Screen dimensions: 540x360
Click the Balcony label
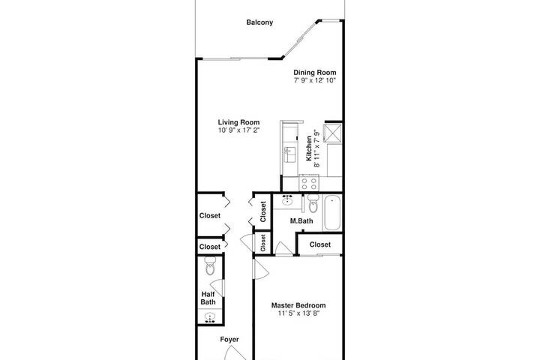259,22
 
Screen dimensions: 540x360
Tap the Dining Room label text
315,72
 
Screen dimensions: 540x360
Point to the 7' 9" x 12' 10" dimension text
315,80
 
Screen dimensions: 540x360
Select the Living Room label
238,122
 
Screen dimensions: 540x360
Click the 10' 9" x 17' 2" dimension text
238,130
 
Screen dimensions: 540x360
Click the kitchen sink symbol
289,154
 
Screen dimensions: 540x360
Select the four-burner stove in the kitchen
309,182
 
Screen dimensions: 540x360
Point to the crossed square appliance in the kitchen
333,133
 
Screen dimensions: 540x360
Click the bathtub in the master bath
332,213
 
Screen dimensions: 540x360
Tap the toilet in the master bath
313,203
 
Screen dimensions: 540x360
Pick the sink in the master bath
287,199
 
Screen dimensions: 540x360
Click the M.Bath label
301,220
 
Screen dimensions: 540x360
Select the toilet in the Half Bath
210,266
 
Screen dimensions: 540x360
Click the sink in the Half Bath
209,317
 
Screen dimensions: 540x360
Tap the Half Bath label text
208,298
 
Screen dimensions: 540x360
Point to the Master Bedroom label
298,305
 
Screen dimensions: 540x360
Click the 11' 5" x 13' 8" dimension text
298,313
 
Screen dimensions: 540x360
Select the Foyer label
229,340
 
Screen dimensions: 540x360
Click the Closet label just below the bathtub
320,244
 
